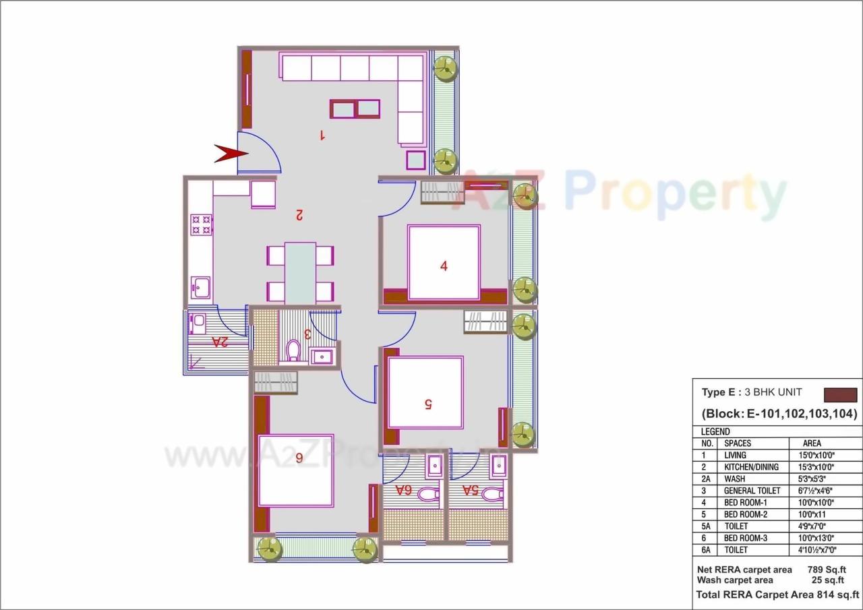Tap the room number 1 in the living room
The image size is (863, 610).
pyautogui.click(x=322, y=135)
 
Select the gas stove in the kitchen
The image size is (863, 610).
pyautogui.click(x=201, y=224)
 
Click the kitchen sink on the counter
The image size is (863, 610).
pyautogui.click(x=200, y=288)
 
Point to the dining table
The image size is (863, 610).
pyautogui.click(x=300, y=273)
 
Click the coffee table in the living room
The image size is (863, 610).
pyautogui.click(x=355, y=109)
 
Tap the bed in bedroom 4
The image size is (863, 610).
pyautogui.click(x=444, y=263)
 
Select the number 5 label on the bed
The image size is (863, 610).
pyautogui.click(x=427, y=404)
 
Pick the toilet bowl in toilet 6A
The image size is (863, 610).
pyautogui.click(x=427, y=495)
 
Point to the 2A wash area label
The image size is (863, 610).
pyautogui.click(x=220, y=342)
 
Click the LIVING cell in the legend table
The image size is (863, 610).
pyautogui.click(x=735, y=455)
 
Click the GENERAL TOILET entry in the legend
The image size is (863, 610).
pyautogui.click(x=752, y=491)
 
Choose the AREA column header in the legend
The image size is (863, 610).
pyautogui.click(x=812, y=444)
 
